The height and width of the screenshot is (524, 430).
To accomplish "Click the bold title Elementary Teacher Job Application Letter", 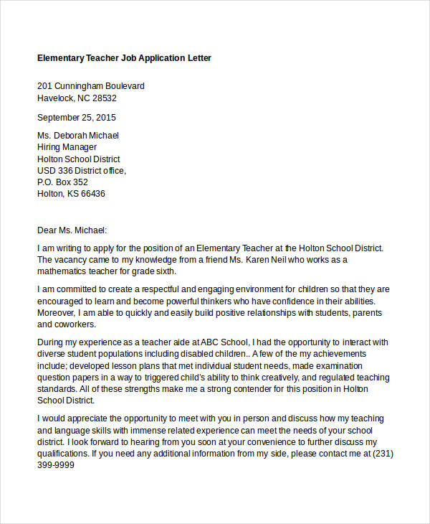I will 124,57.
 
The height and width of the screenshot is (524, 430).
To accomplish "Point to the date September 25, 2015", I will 76,117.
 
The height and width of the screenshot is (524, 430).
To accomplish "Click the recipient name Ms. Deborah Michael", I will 78,135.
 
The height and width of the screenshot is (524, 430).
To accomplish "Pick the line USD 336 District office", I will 82,170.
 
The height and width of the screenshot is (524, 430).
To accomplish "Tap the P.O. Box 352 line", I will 62,182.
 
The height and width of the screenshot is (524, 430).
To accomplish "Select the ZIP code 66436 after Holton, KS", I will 93,194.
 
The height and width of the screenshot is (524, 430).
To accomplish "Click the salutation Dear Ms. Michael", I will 72,230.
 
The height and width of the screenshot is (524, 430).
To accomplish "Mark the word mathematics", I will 64,271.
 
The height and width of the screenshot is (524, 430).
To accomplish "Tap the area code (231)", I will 383,454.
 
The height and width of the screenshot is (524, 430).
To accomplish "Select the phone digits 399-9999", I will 56,465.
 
